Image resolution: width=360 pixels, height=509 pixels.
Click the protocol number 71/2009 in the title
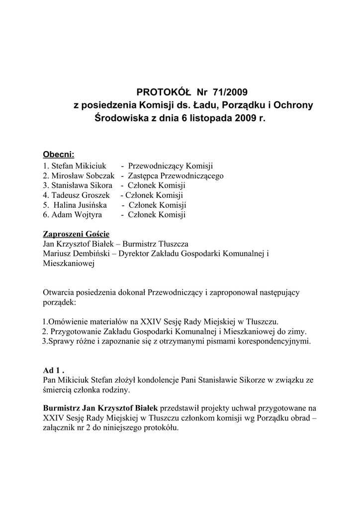point(229,92)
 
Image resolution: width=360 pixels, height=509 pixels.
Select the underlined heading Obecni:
point(59,155)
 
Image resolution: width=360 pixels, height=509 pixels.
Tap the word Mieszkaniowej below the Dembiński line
point(69,264)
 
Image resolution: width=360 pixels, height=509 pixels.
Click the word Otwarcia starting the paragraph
point(61,293)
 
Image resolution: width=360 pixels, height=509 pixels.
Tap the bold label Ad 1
point(54,370)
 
